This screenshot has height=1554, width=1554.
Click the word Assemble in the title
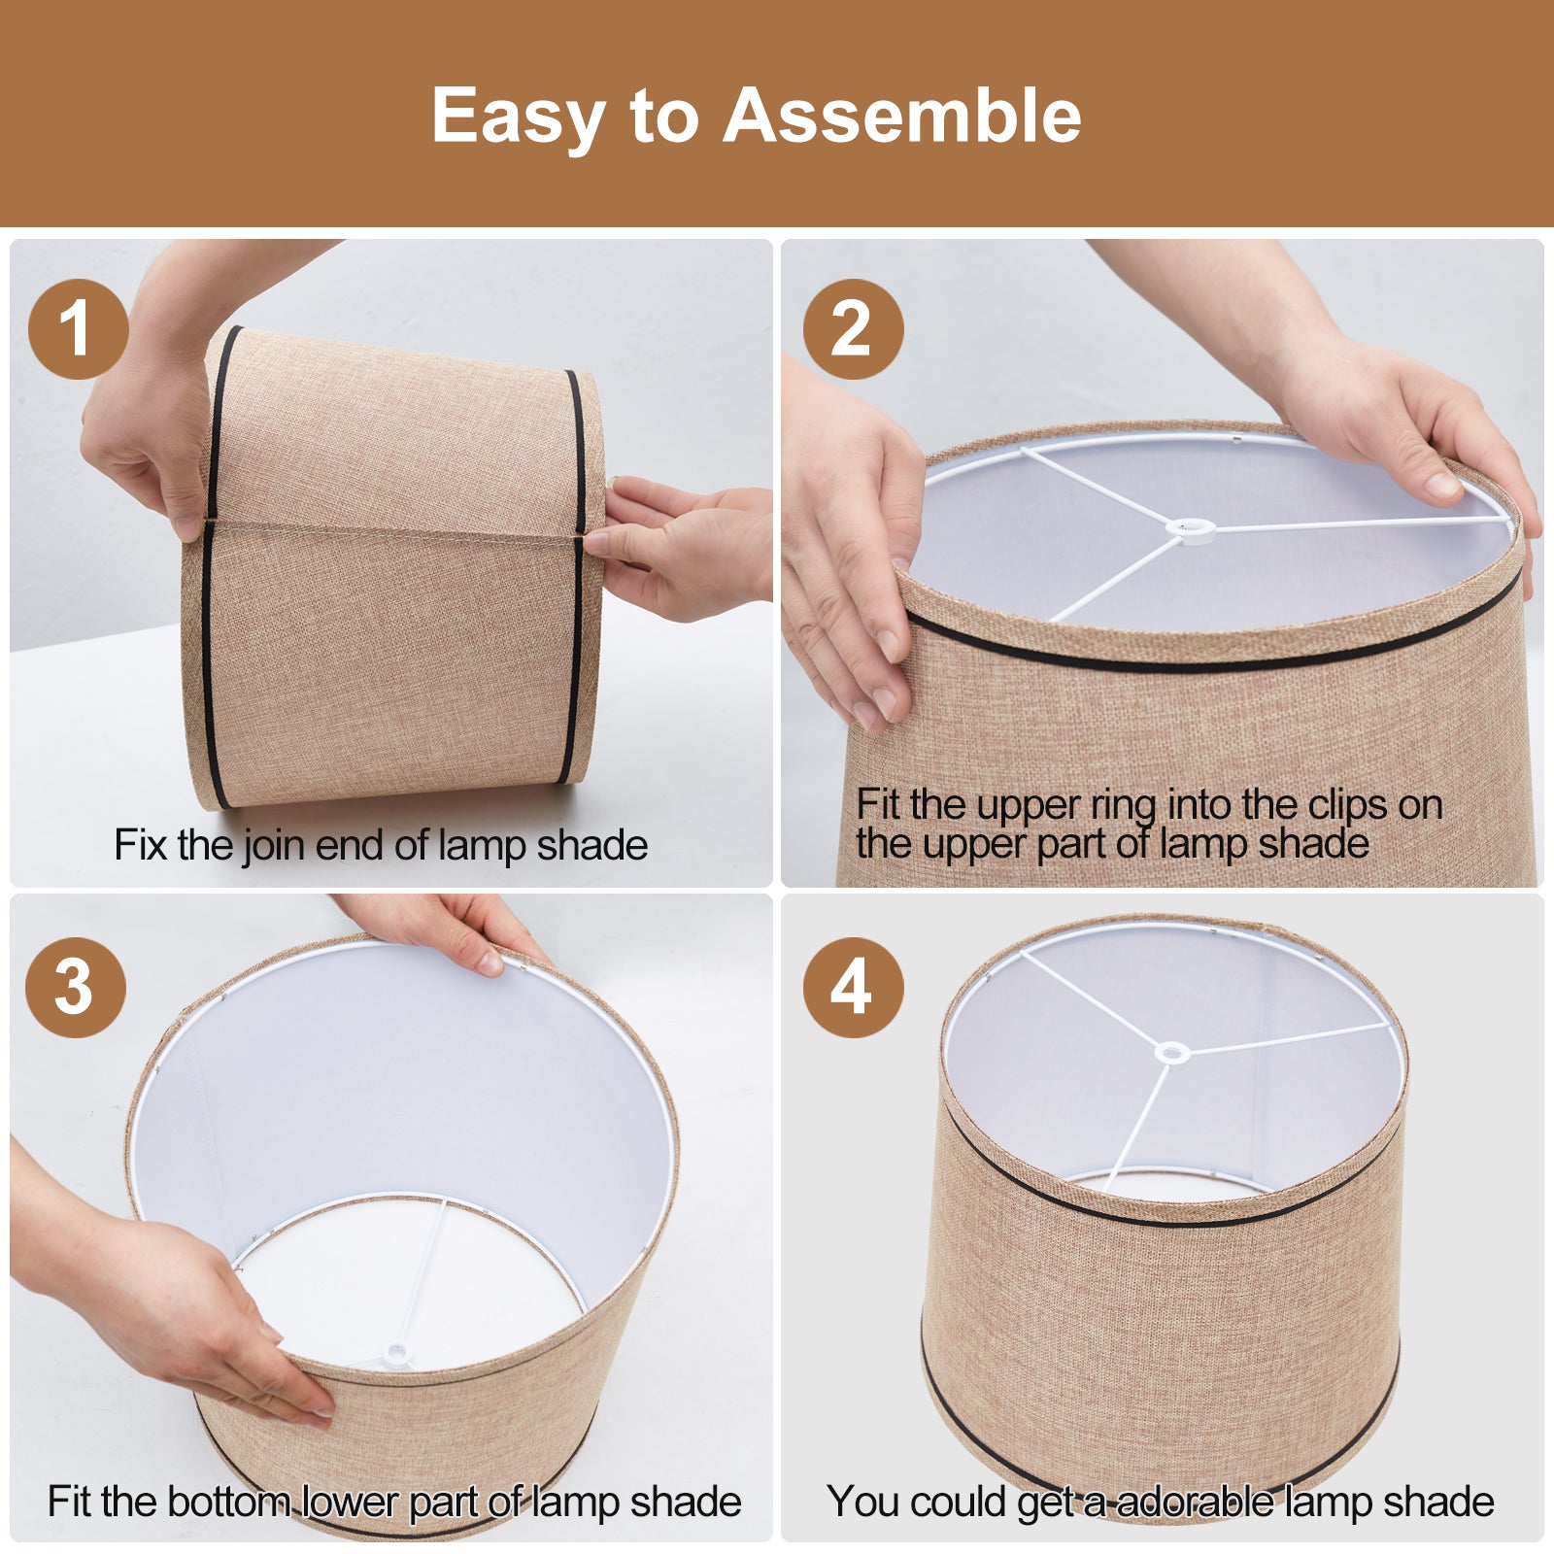click(x=901, y=116)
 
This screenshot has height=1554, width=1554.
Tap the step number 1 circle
click(x=78, y=329)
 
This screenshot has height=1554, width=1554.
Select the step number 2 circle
click(x=853, y=329)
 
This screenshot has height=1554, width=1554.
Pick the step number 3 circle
click(x=76, y=988)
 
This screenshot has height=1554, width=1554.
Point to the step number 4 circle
click(x=853, y=988)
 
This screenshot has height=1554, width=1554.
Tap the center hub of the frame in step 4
click(x=1171, y=1052)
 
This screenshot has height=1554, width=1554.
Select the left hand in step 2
click(x=845, y=544)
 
